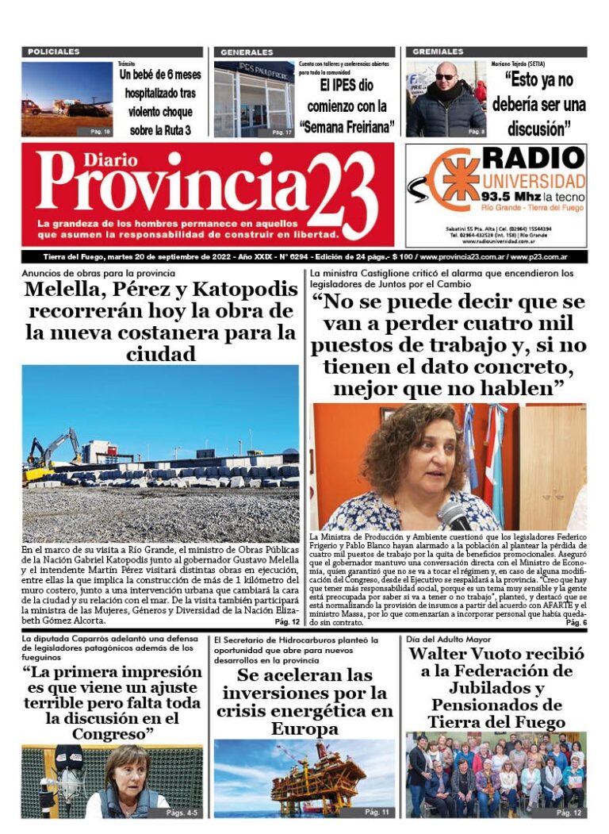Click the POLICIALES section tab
click(54, 52)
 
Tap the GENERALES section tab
click(247, 52)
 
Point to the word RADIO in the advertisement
click(533, 159)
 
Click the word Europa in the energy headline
click(304, 728)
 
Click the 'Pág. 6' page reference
click(576, 623)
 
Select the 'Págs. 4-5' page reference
click(183, 813)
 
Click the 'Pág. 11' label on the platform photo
click(377, 813)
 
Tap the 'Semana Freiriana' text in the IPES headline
click(347, 127)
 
